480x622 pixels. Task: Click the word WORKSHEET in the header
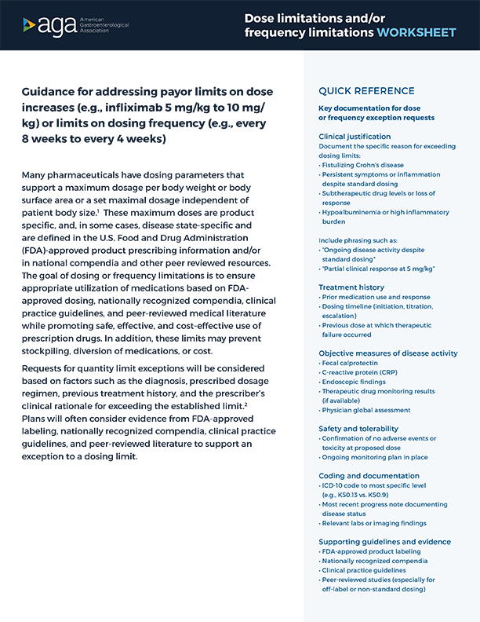point(416,32)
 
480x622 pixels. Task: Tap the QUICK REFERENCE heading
point(366,90)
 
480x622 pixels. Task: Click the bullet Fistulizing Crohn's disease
point(362,165)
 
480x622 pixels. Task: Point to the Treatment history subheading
point(351,287)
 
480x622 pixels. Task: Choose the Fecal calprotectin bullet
point(351,364)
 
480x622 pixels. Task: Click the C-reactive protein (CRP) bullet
point(362,373)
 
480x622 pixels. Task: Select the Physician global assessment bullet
point(365,410)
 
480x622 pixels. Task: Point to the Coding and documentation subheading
point(369,476)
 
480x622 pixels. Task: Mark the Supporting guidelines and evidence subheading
point(384,542)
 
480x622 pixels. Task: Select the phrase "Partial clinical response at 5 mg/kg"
point(378,269)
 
